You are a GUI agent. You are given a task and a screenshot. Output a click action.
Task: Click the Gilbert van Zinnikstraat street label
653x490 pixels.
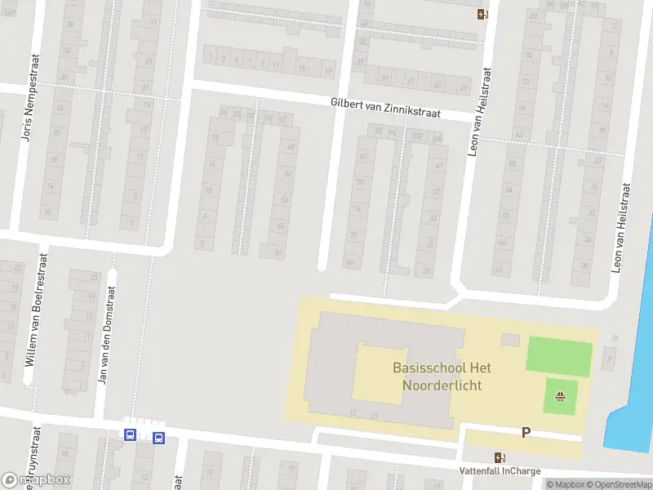point(385,109)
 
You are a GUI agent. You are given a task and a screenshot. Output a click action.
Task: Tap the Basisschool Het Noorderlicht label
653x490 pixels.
point(437,376)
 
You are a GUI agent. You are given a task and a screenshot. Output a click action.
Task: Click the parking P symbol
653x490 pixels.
point(526,432)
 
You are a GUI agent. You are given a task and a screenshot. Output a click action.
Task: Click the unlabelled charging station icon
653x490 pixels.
point(482,13)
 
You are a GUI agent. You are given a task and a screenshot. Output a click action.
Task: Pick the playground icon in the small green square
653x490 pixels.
point(560,397)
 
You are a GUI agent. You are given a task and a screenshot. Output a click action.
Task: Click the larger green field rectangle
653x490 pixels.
point(559,356)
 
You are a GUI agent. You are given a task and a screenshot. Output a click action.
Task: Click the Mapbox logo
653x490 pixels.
point(37,479)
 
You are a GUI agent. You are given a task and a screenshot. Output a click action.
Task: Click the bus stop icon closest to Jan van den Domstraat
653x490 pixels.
point(130,435)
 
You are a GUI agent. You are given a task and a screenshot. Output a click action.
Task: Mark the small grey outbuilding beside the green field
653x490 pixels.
point(510,339)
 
